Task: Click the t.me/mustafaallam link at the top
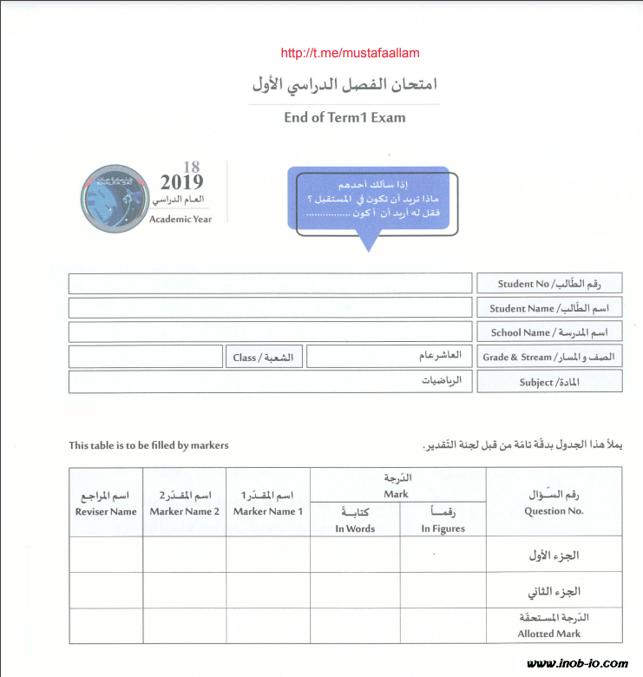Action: (351, 53)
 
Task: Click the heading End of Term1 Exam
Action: (344, 118)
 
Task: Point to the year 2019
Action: (181, 182)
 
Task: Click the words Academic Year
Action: (180, 219)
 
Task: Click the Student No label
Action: (548, 283)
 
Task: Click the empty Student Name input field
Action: (270, 307)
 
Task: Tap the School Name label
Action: (548, 332)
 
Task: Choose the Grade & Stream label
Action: (548, 357)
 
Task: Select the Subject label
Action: (548, 382)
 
